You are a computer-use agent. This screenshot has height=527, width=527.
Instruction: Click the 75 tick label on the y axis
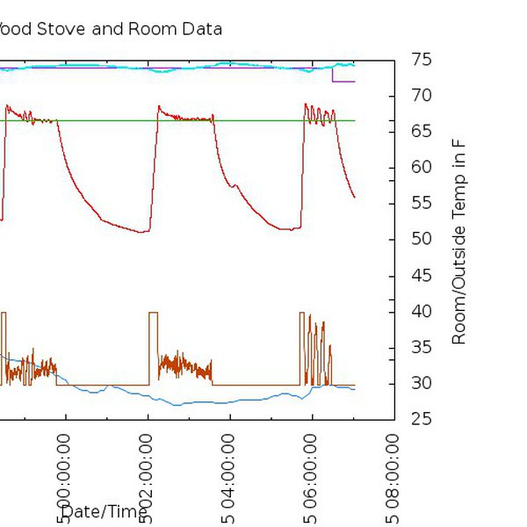pos(421,60)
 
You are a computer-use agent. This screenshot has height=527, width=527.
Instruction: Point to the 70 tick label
pos(421,96)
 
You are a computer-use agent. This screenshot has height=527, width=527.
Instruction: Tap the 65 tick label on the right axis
pos(421,132)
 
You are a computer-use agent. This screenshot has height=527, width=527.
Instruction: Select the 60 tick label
pos(421,168)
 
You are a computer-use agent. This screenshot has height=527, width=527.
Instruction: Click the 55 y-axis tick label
pos(421,204)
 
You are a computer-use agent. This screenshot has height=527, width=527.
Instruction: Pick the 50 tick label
pos(421,240)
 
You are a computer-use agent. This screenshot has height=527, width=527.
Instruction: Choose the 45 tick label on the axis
pos(421,276)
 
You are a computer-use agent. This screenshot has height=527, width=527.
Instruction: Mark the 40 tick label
pos(421,312)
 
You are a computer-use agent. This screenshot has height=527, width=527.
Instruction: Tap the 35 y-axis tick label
pos(421,348)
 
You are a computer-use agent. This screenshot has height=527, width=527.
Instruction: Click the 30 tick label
pos(421,384)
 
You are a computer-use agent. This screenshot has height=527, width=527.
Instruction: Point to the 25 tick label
pos(421,420)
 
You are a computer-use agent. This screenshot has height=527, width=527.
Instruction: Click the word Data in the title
pos(200,29)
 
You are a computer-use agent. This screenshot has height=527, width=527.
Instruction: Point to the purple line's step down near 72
pos(332,75)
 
